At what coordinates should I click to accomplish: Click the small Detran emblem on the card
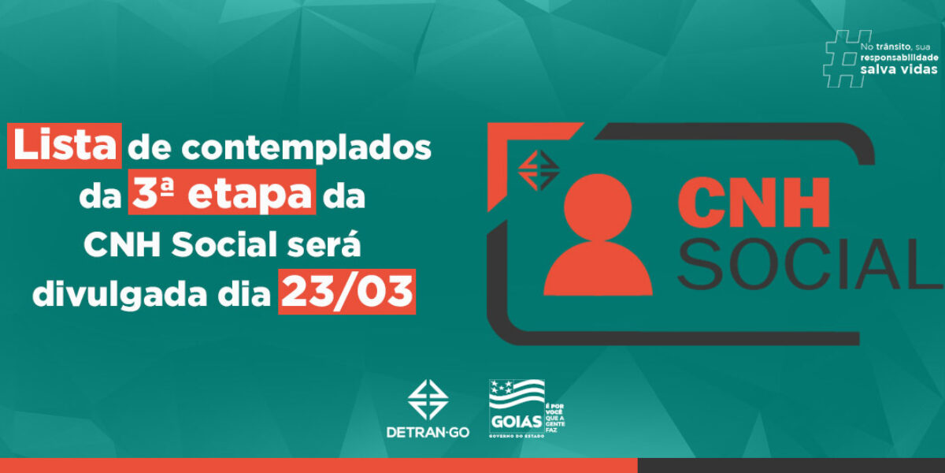point(538,167)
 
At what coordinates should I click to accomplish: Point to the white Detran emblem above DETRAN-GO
point(428,400)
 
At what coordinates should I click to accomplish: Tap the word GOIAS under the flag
point(511,419)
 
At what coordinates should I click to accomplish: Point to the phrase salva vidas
point(899,70)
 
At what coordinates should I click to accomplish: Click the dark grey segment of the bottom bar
point(791,465)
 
